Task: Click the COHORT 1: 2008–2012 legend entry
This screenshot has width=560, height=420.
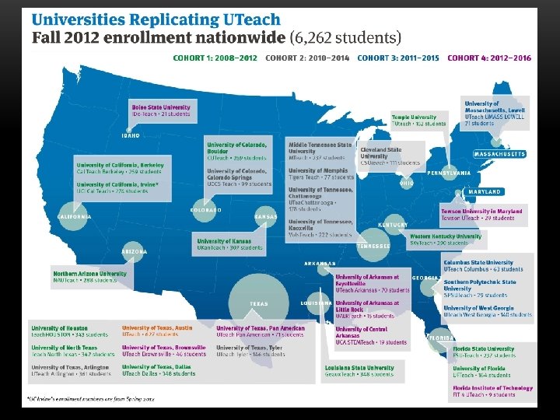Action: pyautogui.click(x=215, y=57)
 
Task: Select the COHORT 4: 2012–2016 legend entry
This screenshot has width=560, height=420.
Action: pyautogui.click(x=489, y=57)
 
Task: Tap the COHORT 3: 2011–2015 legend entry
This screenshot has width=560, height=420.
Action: pyautogui.click(x=398, y=57)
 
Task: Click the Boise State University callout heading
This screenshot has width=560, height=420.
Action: pyautogui.click(x=161, y=107)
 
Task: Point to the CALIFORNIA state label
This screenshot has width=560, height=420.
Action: pyautogui.click(x=75, y=216)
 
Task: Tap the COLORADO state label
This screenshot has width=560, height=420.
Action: pyautogui.click(x=206, y=210)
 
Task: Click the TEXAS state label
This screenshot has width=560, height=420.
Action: pyautogui.click(x=259, y=303)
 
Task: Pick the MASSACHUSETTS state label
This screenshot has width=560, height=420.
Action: pyautogui.click(x=499, y=154)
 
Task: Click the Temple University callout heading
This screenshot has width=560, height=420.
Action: pyautogui.click(x=414, y=117)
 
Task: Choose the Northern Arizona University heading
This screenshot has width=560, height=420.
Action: pyautogui.click(x=89, y=274)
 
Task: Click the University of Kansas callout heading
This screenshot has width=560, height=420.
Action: pyautogui.click(x=224, y=241)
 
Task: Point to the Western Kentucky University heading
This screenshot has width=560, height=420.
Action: pyautogui.click(x=446, y=236)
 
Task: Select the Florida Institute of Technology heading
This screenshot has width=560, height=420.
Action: pyautogui.click(x=493, y=387)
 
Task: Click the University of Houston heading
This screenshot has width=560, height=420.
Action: pyautogui.click(x=60, y=327)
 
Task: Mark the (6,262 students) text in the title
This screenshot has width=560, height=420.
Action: pyautogui.click(x=345, y=37)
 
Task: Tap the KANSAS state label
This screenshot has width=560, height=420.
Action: pyautogui.click(x=266, y=217)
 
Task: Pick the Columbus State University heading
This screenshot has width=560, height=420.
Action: pyautogui.click(x=478, y=263)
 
